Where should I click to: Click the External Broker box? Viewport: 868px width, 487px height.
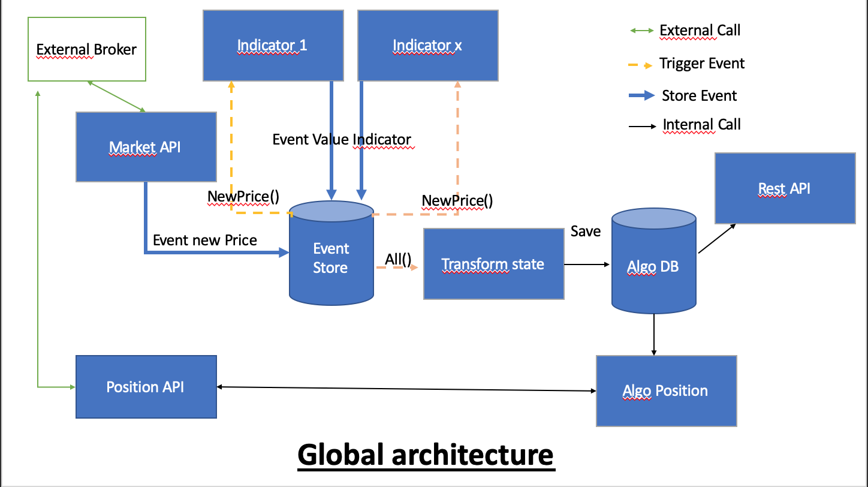tap(88, 49)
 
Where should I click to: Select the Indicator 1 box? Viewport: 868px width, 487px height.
tap(273, 45)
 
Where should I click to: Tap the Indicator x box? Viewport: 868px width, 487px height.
tap(427, 45)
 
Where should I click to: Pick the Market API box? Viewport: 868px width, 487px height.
tap(146, 146)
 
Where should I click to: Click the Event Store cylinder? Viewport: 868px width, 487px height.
tap(331, 258)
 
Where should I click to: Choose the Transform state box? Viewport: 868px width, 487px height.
tap(493, 264)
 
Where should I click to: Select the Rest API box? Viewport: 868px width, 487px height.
tap(785, 188)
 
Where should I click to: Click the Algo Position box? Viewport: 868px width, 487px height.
tap(666, 391)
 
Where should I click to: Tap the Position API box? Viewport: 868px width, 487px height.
tap(146, 387)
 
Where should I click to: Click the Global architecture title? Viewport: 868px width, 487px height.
tap(426, 455)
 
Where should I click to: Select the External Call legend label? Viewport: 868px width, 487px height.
tap(700, 31)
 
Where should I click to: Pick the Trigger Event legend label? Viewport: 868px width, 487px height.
tap(702, 64)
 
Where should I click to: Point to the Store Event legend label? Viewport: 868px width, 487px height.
tap(699, 96)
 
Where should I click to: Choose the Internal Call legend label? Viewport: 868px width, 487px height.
tap(701, 125)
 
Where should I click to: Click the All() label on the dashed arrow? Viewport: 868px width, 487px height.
tap(398, 259)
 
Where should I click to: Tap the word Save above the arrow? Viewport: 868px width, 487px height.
tap(586, 232)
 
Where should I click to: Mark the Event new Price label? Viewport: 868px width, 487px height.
tap(205, 241)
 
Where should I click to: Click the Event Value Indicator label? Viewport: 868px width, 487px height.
tap(342, 140)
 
